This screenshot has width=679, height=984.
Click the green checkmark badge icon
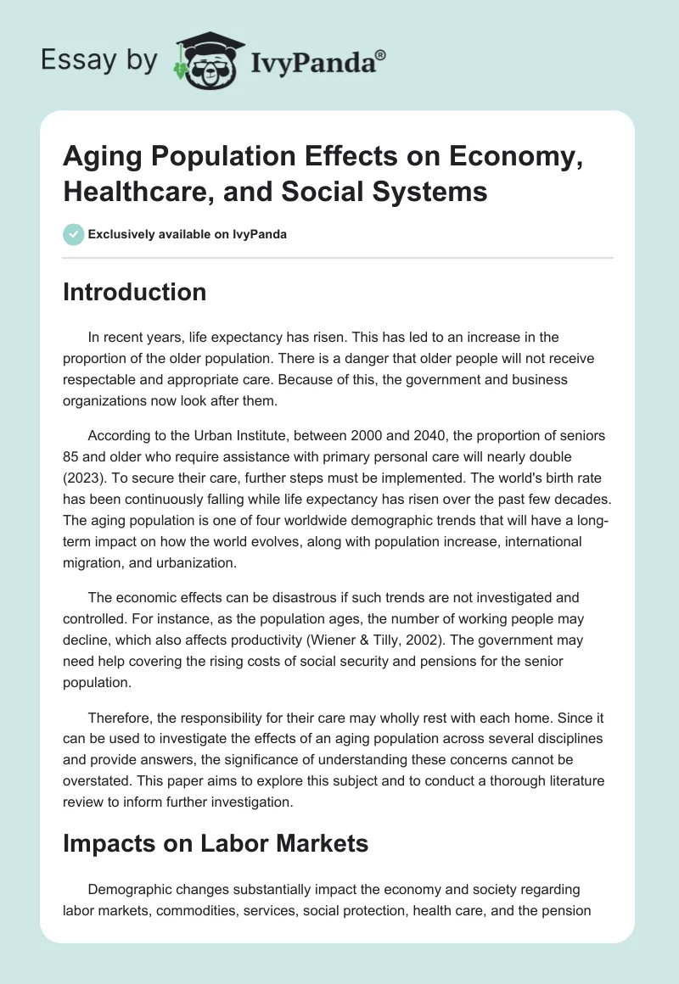74,234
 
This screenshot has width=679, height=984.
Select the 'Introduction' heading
135,292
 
